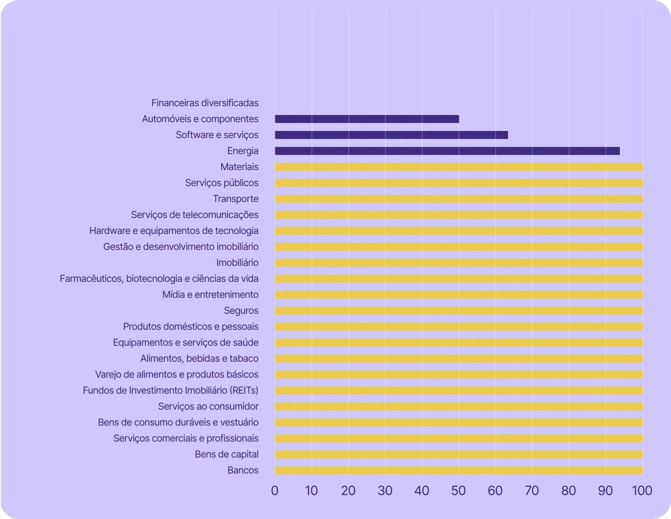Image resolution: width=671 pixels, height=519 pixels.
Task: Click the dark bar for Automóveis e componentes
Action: click(x=367, y=119)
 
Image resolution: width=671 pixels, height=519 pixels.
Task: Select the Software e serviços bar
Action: click(x=391, y=135)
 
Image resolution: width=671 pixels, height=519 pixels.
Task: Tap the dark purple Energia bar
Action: click(x=447, y=151)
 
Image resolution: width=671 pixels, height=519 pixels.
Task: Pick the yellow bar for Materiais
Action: click(x=459, y=167)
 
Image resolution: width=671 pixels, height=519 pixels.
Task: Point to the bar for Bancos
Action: click(x=459, y=471)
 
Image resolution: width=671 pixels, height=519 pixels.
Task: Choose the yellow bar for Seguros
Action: click(x=459, y=311)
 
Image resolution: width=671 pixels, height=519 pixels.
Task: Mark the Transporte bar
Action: click(x=459, y=199)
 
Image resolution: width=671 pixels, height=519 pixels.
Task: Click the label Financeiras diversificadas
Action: click(x=205, y=103)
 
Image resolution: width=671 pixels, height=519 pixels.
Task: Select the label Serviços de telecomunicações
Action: click(x=195, y=215)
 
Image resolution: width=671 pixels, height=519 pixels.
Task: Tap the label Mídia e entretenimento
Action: click(x=210, y=295)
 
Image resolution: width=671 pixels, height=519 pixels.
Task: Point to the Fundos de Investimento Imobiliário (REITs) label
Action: click(x=171, y=391)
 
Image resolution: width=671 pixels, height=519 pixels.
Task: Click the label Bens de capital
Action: click(x=226, y=454)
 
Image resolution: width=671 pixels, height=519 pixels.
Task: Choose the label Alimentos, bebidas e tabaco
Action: click(x=199, y=359)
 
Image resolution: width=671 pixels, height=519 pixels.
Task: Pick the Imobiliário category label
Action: click(x=237, y=263)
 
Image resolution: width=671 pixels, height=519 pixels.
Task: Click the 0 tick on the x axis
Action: click(x=275, y=491)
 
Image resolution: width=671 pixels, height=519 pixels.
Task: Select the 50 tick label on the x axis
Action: click(x=459, y=491)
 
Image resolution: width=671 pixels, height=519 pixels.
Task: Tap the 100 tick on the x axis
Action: click(x=642, y=491)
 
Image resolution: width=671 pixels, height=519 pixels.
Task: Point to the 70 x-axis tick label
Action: click(x=532, y=491)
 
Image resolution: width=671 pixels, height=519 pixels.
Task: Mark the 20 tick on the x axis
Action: click(x=348, y=491)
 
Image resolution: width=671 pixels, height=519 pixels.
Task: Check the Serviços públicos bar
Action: click(x=459, y=183)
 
